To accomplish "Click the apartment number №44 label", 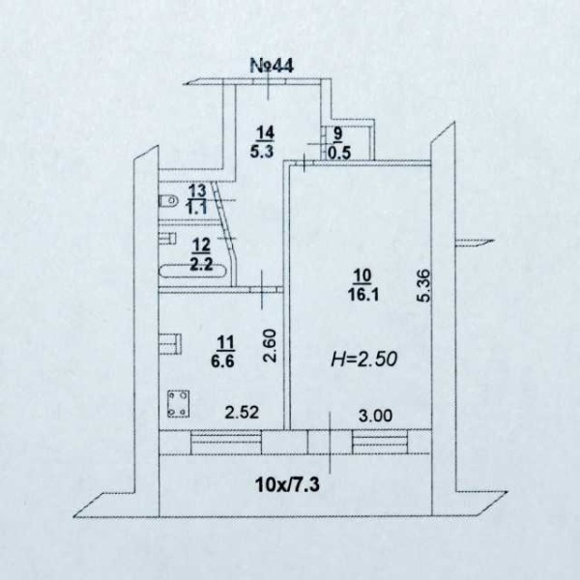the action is [272, 66].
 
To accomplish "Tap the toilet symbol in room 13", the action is [168, 200].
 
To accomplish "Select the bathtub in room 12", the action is [192, 271].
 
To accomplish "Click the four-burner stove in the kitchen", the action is [178, 404].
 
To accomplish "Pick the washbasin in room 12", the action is [167, 239].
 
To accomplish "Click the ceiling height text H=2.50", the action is [364, 359].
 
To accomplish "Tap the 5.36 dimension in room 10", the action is [424, 285].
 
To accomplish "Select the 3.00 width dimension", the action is [375, 416].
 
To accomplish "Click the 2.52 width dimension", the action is [242, 413].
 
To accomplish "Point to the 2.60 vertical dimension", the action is [270, 345].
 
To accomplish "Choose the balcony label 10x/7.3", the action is [287, 484].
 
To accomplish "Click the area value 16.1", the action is [362, 295].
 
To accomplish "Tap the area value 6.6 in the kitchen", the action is [222, 361].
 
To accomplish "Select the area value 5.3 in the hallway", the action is [262, 151].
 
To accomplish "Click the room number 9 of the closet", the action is [338, 134].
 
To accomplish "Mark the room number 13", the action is [197, 191].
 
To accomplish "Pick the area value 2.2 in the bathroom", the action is [201, 264].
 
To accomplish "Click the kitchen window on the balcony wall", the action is [226, 443].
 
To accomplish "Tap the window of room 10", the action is [380, 442].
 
